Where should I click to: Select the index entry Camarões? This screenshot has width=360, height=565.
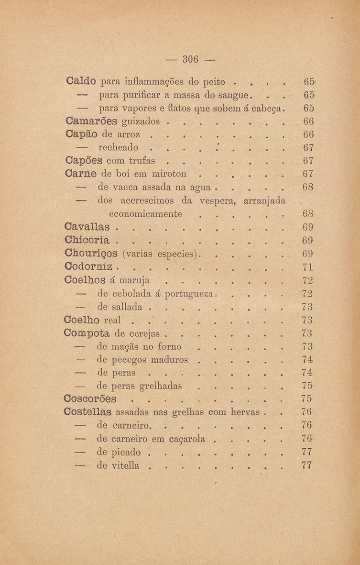coord(91,119)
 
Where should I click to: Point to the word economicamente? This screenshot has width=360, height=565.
coord(146,213)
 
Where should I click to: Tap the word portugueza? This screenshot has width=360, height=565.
coord(189,292)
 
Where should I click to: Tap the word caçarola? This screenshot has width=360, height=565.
coord(184,439)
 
